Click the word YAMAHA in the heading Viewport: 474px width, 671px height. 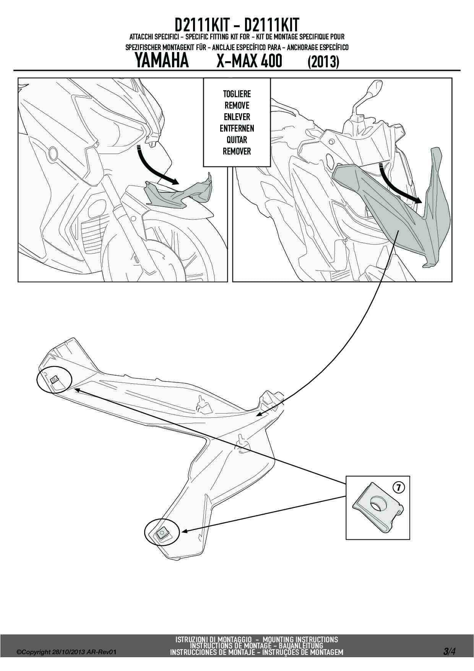tap(162, 61)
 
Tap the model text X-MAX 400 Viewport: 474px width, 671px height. tap(249, 61)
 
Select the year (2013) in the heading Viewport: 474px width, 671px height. tap(323, 62)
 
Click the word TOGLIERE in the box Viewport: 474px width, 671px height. tap(237, 94)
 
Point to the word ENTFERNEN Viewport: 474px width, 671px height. tap(237, 129)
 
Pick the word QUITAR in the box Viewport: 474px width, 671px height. tap(237, 140)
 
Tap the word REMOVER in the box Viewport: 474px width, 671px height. tap(237, 151)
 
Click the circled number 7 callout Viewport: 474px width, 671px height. tap(398, 487)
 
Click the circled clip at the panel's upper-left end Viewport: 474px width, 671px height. tap(54, 379)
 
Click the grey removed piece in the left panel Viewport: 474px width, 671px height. tap(180, 191)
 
